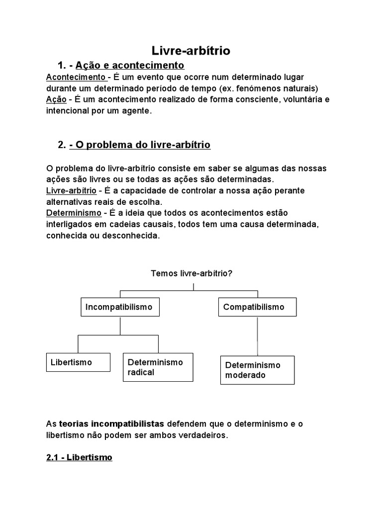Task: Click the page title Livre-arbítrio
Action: (x=191, y=51)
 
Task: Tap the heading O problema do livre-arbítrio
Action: (x=140, y=145)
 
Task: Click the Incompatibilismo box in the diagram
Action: (x=120, y=307)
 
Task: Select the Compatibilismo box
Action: (x=257, y=307)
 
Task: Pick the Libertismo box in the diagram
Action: (x=78, y=362)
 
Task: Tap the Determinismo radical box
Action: (x=158, y=367)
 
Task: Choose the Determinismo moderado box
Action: (x=257, y=370)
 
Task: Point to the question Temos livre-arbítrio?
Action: (x=191, y=273)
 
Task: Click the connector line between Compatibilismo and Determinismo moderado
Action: (x=257, y=336)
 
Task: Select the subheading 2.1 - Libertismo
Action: (x=79, y=457)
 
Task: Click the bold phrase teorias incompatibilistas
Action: (x=111, y=424)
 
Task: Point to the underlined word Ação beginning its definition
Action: (x=56, y=99)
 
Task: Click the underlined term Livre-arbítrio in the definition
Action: (x=71, y=191)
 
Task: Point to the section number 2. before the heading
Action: (x=62, y=145)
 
